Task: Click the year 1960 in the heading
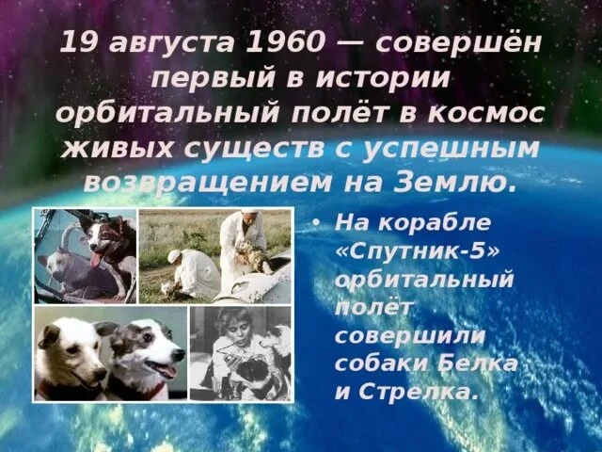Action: coord(286,42)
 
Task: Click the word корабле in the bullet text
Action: coord(435,223)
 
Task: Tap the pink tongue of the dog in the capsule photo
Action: coord(95,259)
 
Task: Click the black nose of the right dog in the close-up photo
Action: coord(179,355)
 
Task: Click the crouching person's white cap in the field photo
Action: coord(173,255)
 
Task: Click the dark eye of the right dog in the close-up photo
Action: coord(148,337)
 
